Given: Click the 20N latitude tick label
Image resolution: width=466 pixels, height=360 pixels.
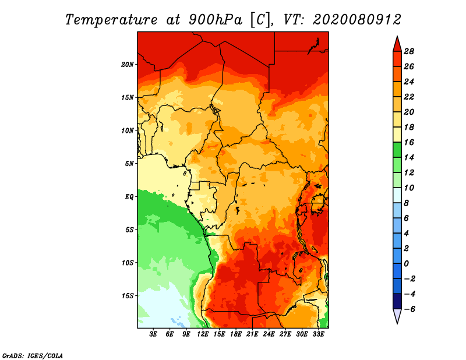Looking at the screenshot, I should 128,64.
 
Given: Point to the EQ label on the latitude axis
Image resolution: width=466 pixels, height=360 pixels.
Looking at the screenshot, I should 129,196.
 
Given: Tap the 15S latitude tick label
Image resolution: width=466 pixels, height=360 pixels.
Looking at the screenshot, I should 128,295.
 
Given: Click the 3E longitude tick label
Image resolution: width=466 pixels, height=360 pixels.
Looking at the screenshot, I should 154,334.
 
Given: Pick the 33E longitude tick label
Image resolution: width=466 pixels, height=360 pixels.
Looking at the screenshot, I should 318,334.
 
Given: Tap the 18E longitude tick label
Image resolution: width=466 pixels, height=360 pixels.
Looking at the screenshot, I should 236,334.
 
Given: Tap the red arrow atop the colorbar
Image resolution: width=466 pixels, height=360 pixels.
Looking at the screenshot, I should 397,43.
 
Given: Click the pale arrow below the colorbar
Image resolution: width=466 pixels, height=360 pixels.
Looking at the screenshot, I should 397,316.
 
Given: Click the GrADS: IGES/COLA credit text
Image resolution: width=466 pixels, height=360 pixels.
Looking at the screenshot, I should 33,354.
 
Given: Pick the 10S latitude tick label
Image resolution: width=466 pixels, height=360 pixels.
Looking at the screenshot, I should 128,262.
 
